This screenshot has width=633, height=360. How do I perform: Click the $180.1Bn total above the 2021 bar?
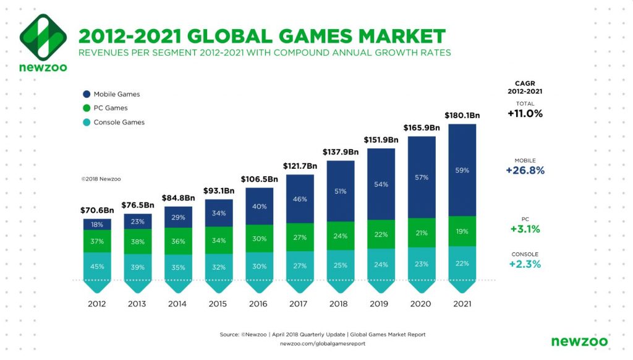(x=462, y=115)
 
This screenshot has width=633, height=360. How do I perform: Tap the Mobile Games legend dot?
(x=87, y=94)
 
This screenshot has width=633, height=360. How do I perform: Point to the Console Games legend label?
(x=119, y=122)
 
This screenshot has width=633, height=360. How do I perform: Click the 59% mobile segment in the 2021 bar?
(x=462, y=169)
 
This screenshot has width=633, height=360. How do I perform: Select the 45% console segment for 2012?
(x=97, y=267)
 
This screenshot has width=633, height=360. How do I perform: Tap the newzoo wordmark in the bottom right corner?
(x=579, y=341)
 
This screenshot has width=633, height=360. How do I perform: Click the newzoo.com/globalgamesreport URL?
(x=323, y=344)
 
